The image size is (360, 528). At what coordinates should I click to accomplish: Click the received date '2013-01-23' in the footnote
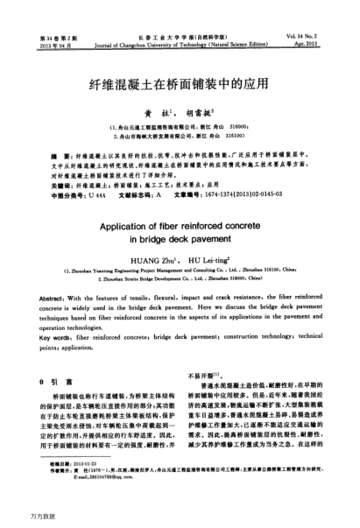88,489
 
